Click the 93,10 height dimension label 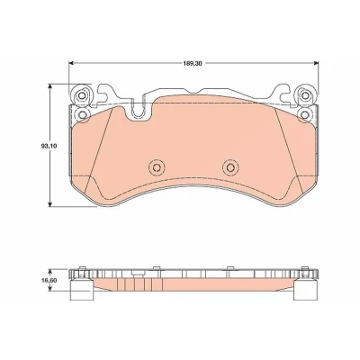pyautogui.click(x=47, y=146)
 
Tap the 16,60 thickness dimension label pyautogui.click(x=48, y=280)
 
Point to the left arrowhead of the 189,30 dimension pyautogui.click(x=71, y=63)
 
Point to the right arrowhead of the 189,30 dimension pyautogui.click(x=316, y=63)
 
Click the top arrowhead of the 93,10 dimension pyautogui.click(x=50, y=86)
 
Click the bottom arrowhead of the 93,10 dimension pyautogui.click(x=50, y=203)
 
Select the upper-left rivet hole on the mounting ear pyautogui.click(x=81, y=95)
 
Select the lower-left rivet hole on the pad pyautogui.click(x=82, y=114)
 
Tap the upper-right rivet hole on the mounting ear pyautogui.click(x=305, y=95)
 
